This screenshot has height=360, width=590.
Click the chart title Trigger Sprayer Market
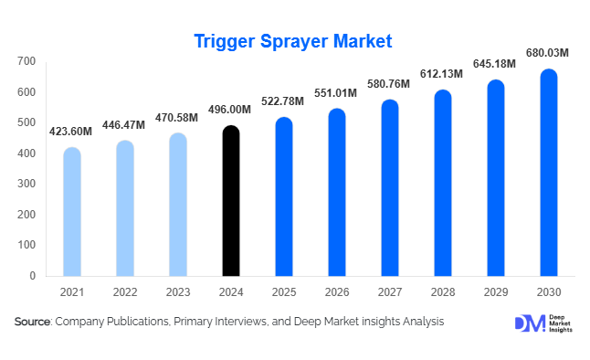293,40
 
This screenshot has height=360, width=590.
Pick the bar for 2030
548,173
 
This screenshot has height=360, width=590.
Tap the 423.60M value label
71,132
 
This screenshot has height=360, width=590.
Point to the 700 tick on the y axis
26,61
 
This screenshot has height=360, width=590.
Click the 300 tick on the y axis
26,184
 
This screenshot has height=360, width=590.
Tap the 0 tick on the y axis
33,275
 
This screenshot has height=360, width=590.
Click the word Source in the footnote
32,322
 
